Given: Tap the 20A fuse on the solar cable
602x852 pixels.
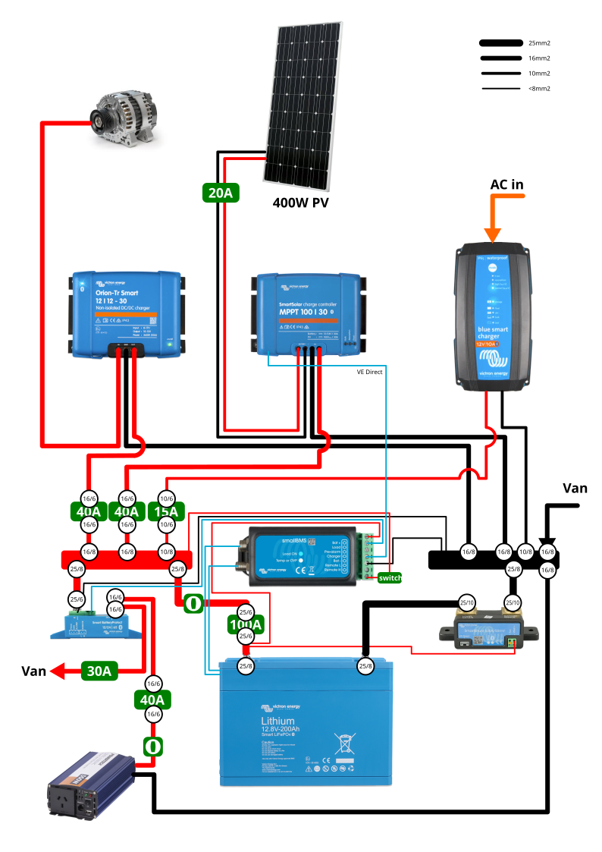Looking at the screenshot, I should click(221, 193).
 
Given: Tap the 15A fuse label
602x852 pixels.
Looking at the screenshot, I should click(166, 511).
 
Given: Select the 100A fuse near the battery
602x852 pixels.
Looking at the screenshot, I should click(246, 625).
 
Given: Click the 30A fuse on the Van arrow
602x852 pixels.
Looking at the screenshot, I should click(99, 671).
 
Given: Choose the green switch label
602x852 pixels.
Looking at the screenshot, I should click(390, 577).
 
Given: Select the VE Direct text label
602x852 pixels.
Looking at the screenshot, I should click(370, 373).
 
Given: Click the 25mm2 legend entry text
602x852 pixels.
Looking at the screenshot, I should click(539, 43).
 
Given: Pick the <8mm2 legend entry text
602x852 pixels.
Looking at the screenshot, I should click(539, 89).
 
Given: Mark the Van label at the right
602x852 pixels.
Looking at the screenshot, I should click(574, 488).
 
